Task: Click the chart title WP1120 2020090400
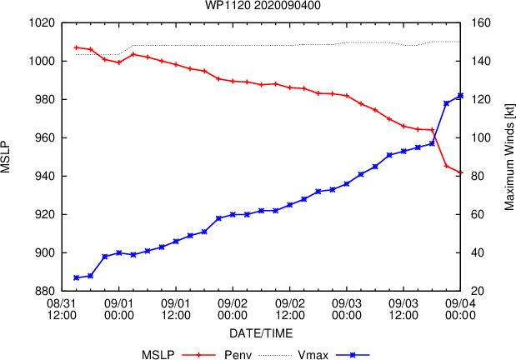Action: click(263, 5)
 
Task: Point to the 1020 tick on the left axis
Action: click(43, 23)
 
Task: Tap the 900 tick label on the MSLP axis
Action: click(45, 252)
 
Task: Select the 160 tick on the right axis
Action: click(481, 23)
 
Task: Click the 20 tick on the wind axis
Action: click(478, 291)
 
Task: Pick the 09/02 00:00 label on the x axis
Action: click(233, 309)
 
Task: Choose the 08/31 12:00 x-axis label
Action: click(62, 309)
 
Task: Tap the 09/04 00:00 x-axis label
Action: click(460, 309)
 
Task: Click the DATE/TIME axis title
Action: click(261, 333)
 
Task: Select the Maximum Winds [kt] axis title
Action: click(508, 157)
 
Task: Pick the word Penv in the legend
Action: click(238, 355)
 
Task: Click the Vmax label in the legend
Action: click(313, 355)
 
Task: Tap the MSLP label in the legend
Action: click(158, 355)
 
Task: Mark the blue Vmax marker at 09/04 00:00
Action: click(460, 96)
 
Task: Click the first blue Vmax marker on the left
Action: click(77, 277)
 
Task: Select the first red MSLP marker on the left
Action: click(77, 47)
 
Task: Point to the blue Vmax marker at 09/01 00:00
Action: click(119, 252)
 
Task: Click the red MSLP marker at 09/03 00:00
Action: click(347, 96)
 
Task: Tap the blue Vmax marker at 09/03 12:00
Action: click(403, 151)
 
